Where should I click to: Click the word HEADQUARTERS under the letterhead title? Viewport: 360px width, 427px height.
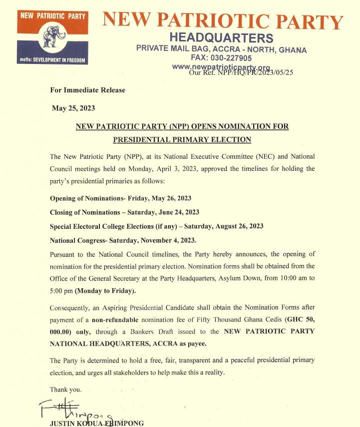221,37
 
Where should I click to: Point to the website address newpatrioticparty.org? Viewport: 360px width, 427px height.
220,67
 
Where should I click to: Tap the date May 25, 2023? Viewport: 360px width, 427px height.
73,108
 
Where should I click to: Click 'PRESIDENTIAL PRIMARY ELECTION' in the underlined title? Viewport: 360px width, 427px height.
182,139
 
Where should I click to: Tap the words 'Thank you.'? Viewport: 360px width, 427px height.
65,390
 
